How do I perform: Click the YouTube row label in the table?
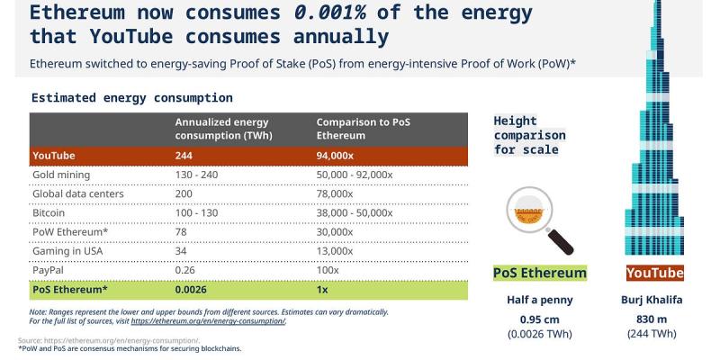coord(54,155)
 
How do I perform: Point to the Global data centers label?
coord(78,193)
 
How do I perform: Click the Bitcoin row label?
coord(50,212)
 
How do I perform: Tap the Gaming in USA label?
coord(68,251)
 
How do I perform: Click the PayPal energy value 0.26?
coord(189,270)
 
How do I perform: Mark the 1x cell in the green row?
coord(322,290)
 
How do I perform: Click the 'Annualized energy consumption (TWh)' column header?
coord(221,129)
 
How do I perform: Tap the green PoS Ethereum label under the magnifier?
coord(540,273)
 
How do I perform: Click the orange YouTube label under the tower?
coord(655,273)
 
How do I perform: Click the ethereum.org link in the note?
coord(208,321)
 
